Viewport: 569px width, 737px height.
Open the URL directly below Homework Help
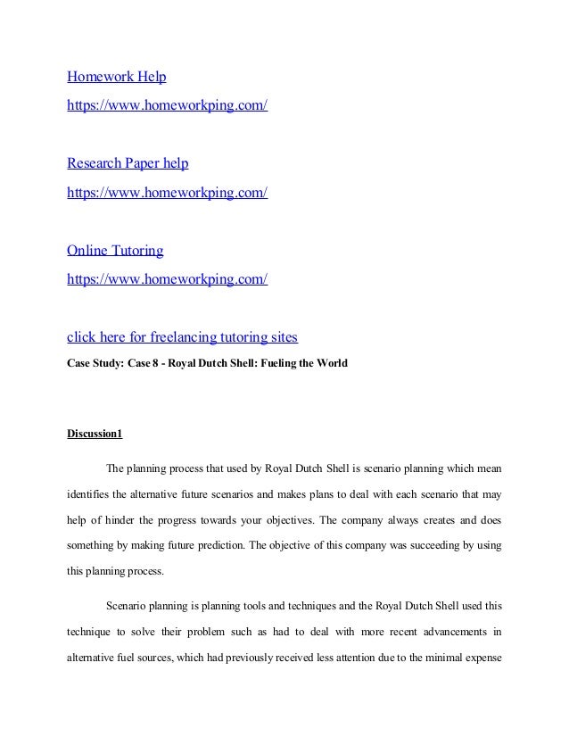point(168,106)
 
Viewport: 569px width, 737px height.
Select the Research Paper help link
point(128,164)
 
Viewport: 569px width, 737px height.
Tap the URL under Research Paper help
point(168,192)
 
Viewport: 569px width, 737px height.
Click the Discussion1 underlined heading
point(95,435)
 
